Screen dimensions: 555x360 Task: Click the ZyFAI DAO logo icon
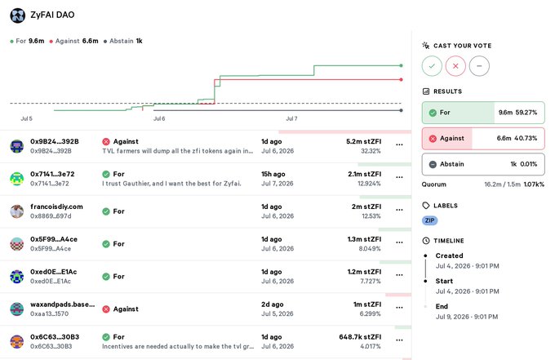pos(17,16)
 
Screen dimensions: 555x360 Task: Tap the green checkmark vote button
pos(432,66)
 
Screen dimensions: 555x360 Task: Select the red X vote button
pos(455,66)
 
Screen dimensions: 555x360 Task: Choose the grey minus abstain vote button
pos(479,66)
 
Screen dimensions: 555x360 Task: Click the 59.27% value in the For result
pos(526,113)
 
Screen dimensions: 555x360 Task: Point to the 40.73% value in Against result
pos(526,138)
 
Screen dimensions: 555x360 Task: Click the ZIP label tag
pos(429,220)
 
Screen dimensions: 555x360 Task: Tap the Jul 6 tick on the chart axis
pos(159,118)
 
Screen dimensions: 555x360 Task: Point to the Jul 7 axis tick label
pos(291,118)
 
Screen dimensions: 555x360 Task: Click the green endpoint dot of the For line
pos(401,65)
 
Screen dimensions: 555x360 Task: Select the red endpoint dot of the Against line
pos(401,80)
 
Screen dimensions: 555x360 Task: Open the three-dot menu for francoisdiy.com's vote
pos(399,210)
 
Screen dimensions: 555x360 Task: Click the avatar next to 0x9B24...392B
pos(16,146)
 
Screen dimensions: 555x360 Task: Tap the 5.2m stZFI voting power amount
pos(363,141)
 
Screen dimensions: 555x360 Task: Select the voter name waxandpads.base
pos(62,304)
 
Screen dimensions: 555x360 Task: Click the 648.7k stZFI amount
pos(360,337)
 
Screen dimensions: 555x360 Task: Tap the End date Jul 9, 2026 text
pos(467,317)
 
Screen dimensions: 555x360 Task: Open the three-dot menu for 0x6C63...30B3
pos(399,340)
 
